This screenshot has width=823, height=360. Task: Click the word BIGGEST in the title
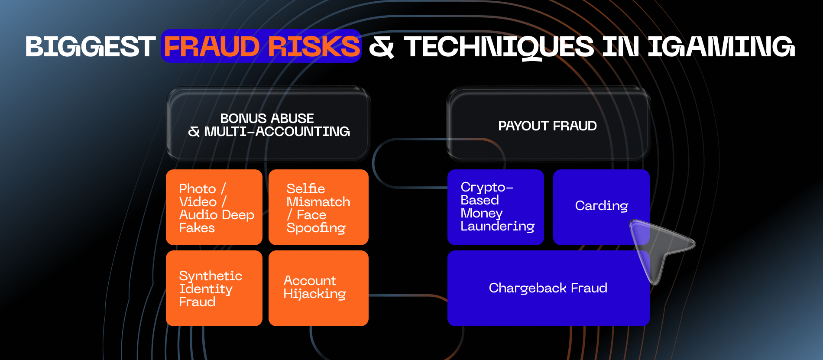tap(90, 46)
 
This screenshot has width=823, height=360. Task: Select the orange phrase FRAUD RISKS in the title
tap(262, 46)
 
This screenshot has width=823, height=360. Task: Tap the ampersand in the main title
tap(382, 47)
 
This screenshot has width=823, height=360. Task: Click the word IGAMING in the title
tap(721, 46)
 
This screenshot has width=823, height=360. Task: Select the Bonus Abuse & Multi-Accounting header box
tap(268, 124)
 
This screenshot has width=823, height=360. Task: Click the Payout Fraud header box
tap(548, 124)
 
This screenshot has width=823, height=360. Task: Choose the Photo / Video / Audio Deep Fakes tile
tap(214, 207)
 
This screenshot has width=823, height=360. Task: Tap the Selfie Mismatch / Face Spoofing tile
tap(318, 207)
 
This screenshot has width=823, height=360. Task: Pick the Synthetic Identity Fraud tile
tap(214, 288)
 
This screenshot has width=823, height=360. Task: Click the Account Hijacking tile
tap(318, 288)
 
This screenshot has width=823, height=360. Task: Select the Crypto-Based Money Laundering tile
tap(496, 207)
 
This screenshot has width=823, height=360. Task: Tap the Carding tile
tap(601, 207)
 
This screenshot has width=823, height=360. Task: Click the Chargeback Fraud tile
tap(548, 288)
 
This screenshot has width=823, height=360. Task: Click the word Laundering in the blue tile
tap(497, 227)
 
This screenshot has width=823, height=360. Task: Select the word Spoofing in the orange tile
tap(316, 228)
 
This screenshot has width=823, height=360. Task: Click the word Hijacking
tap(314, 294)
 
